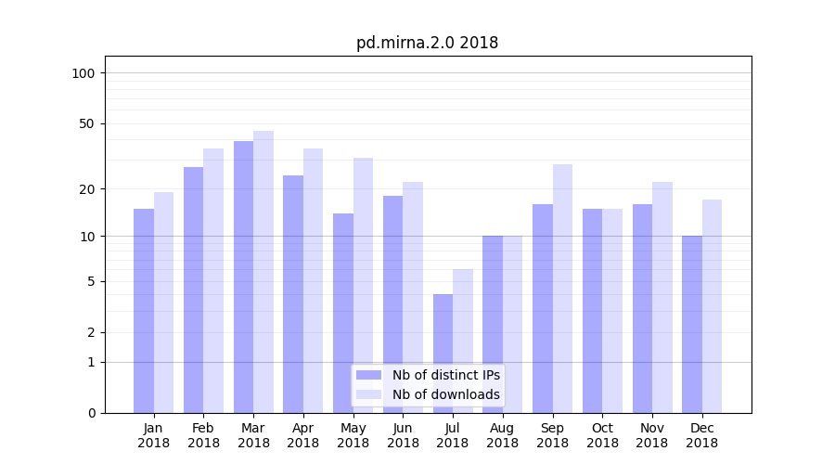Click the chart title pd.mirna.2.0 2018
tap(427, 43)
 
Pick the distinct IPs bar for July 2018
tap(443, 354)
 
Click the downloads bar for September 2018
tap(562, 289)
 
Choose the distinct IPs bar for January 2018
tap(144, 311)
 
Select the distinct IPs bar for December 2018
tap(692, 324)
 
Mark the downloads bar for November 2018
tap(662, 297)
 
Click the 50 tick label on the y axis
tap(87, 123)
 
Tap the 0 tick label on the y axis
tap(91, 413)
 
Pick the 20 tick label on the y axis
tap(87, 189)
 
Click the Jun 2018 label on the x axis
tap(403, 435)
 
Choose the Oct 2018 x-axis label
tap(602, 435)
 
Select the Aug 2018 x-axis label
tap(502, 435)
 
